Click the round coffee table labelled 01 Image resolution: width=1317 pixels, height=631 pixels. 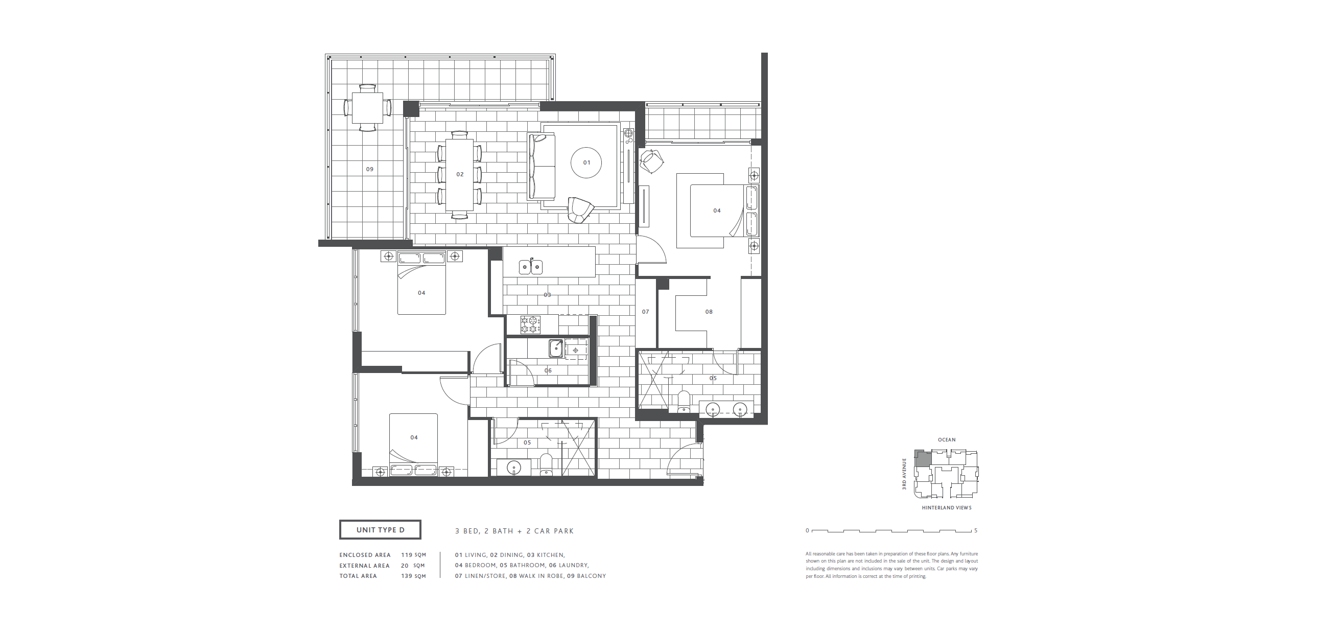[x=586, y=162]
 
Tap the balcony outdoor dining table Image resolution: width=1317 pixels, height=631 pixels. [x=367, y=107]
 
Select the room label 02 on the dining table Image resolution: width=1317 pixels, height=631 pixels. [x=460, y=174]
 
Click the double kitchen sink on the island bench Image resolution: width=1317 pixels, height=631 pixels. [x=531, y=266]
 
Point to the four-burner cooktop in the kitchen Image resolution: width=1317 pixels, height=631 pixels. [x=530, y=325]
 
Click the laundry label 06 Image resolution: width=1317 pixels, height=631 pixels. [x=548, y=371]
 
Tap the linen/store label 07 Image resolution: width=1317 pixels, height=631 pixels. [x=646, y=311]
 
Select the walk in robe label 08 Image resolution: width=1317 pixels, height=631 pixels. [x=709, y=311]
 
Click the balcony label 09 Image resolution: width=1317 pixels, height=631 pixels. [x=370, y=169]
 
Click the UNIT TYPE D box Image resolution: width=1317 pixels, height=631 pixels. [x=380, y=530]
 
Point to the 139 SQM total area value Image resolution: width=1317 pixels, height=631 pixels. [x=413, y=576]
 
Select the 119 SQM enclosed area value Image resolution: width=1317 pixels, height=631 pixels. [x=413, y=555]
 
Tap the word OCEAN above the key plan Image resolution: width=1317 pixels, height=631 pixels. [x=947, y=440]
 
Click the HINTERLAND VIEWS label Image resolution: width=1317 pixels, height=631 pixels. [x=946, y=508]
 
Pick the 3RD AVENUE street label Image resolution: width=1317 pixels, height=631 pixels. [x=904, y=474]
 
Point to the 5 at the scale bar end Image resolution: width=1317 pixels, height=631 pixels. [x=975, y=530]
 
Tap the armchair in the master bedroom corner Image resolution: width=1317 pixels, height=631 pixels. [x=651, y=161]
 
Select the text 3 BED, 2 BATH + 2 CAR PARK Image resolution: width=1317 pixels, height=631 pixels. [x=514, y=531]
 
